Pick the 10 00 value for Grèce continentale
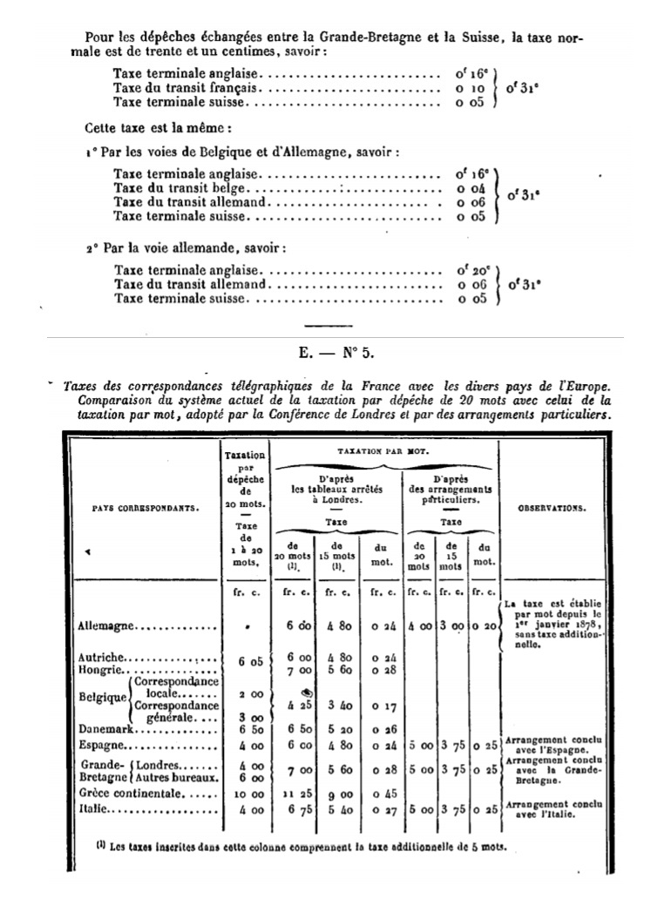(244, 794)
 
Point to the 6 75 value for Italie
(298, 809)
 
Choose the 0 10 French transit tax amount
(471, 89)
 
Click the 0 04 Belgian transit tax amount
(471, 188)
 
